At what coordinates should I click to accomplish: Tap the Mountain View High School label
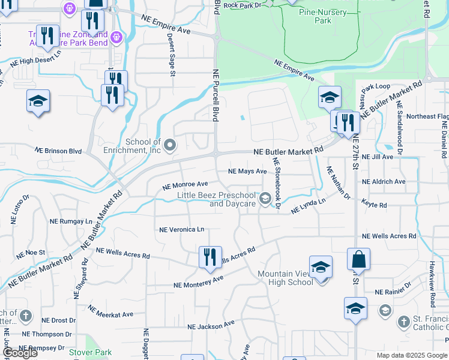point(285,278)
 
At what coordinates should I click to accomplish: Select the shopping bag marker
point(358,260)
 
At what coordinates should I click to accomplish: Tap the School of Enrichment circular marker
point(170,145)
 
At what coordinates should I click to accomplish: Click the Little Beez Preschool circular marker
point(265,197)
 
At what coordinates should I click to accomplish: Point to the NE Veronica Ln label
point(182,229)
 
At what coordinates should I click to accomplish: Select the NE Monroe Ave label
point(185,185)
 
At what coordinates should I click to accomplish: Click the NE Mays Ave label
point(247,172)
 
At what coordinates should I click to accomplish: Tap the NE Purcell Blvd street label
point(215,95)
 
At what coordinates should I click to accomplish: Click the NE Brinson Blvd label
point(58,151)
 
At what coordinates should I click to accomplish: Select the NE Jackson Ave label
point(211,325)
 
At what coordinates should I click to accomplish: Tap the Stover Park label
point(90,352)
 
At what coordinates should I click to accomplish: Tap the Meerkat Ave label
point(110,311)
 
